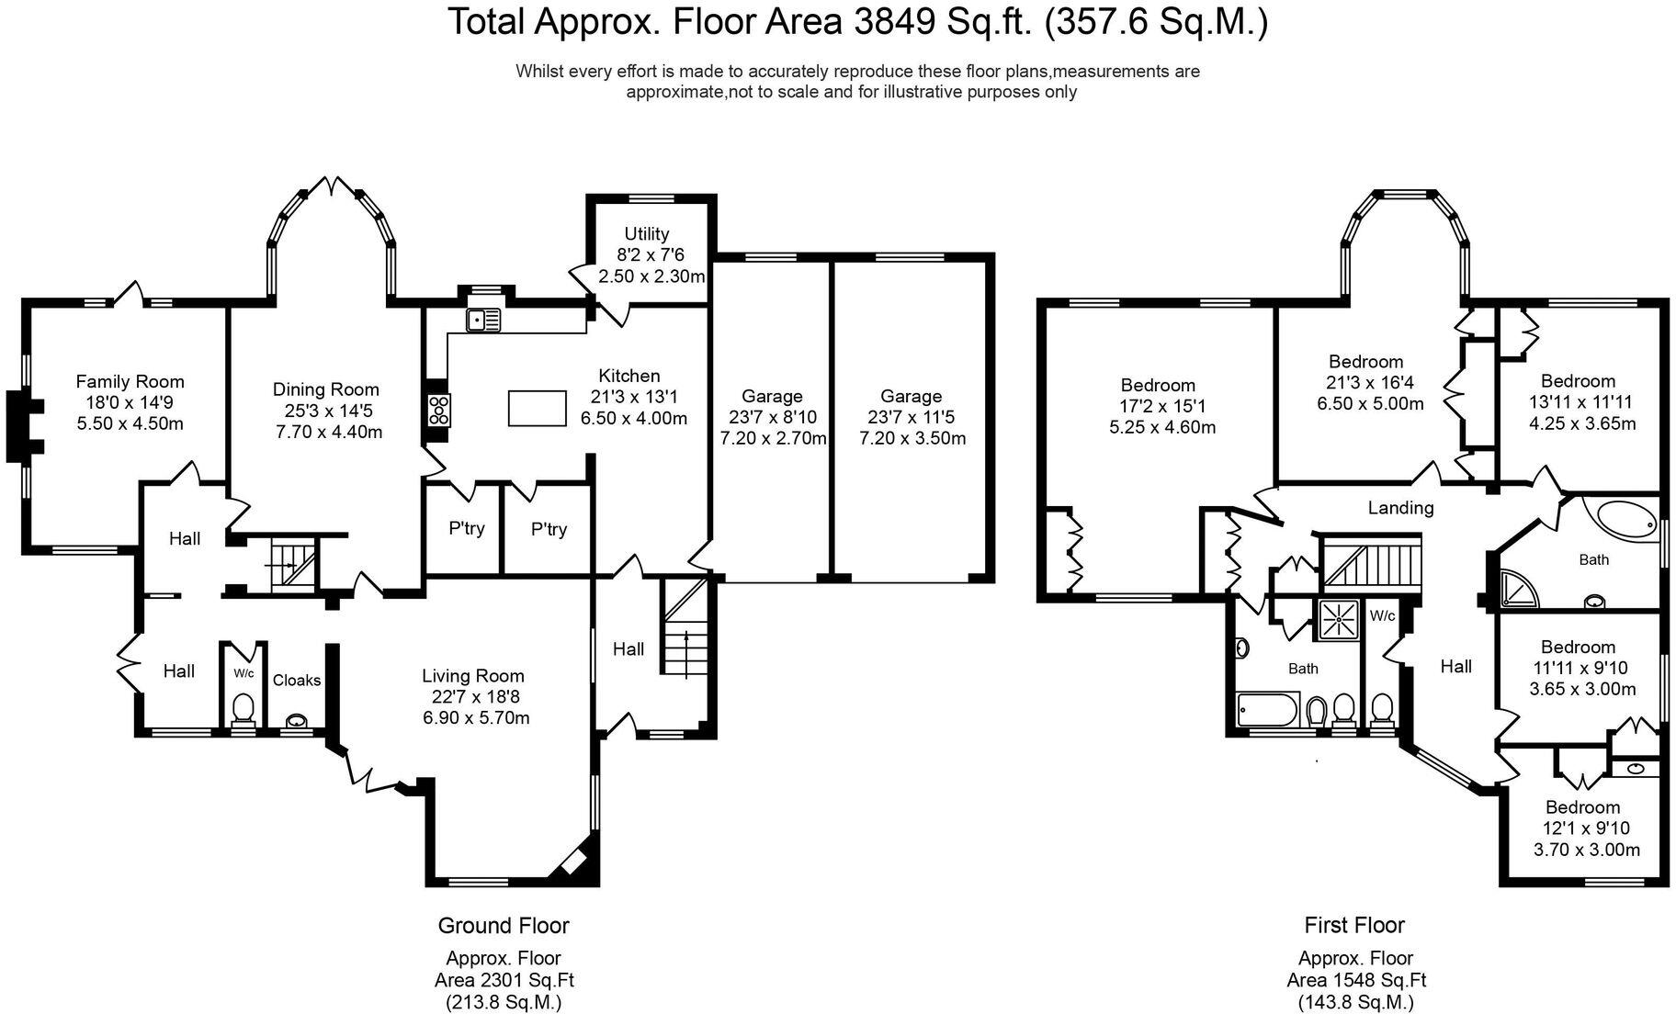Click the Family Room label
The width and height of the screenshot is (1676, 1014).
[130, 382]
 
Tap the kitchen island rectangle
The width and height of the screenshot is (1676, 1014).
[538, 408]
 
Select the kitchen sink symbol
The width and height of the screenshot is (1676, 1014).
[484, 320]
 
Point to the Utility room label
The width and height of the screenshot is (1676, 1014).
[647, 234]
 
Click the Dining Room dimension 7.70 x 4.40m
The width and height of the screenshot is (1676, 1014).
[329, 432]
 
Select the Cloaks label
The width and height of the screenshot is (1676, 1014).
[297, 681]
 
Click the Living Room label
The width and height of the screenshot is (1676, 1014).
[473, 677]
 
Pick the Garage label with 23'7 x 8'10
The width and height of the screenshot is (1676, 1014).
[772, 397]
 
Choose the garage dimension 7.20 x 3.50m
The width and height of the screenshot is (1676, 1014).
[912, 438]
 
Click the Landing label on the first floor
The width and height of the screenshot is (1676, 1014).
[1400, 508]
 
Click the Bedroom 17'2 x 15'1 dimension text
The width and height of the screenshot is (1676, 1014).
[1158, 406]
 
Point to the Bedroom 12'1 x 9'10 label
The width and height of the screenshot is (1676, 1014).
[1582, 807]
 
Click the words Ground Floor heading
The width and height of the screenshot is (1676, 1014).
[504, 926]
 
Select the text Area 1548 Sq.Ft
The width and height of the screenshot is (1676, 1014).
[1356, 981]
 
